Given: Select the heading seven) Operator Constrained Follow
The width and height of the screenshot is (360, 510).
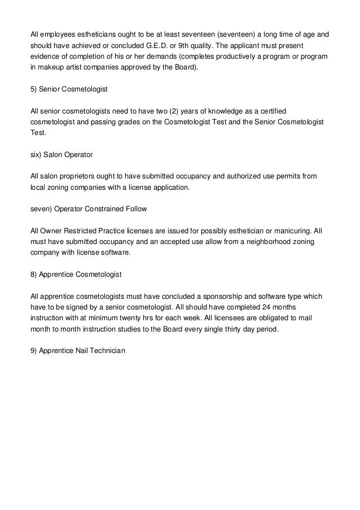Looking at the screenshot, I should [89, 209].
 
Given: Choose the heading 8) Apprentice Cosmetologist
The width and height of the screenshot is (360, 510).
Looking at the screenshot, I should [76, 274].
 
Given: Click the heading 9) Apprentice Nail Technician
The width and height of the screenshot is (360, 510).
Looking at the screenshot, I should [78, 350].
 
